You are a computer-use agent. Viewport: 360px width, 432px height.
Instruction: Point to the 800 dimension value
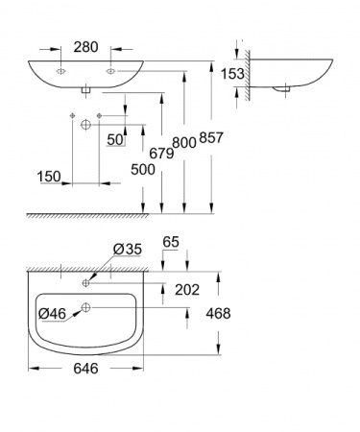click(186, 142)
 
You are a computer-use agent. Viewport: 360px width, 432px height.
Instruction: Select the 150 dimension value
click(49, 177)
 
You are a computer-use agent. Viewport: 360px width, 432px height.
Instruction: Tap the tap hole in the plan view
click(86, 283)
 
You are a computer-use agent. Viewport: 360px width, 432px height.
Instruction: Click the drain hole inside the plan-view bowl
click(86, 307)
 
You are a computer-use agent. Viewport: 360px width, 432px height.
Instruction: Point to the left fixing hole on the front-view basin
click(61, 70)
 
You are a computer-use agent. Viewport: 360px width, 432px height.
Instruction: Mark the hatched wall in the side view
click(249, 72)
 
